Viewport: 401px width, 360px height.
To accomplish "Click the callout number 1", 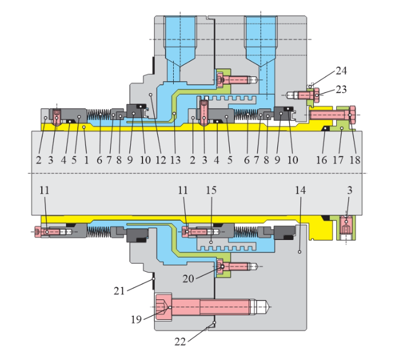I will click(x=86, y=159).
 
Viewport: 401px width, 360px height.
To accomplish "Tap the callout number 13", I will click(x=175, y=159).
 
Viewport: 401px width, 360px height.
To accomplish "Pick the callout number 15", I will click(x=211, y=191).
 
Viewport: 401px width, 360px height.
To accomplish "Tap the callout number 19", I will click(x=137, y=319).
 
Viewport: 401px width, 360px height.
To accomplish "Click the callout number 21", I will click(x=120, y=290).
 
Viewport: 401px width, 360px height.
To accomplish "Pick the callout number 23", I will click(x=342, y=90).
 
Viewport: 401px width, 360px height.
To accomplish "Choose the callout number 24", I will click(x=342, y=71).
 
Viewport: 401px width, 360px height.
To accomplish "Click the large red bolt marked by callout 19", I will click(x=212, y=307).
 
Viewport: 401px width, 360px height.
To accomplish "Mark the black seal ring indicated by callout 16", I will click(x=326, y=131).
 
